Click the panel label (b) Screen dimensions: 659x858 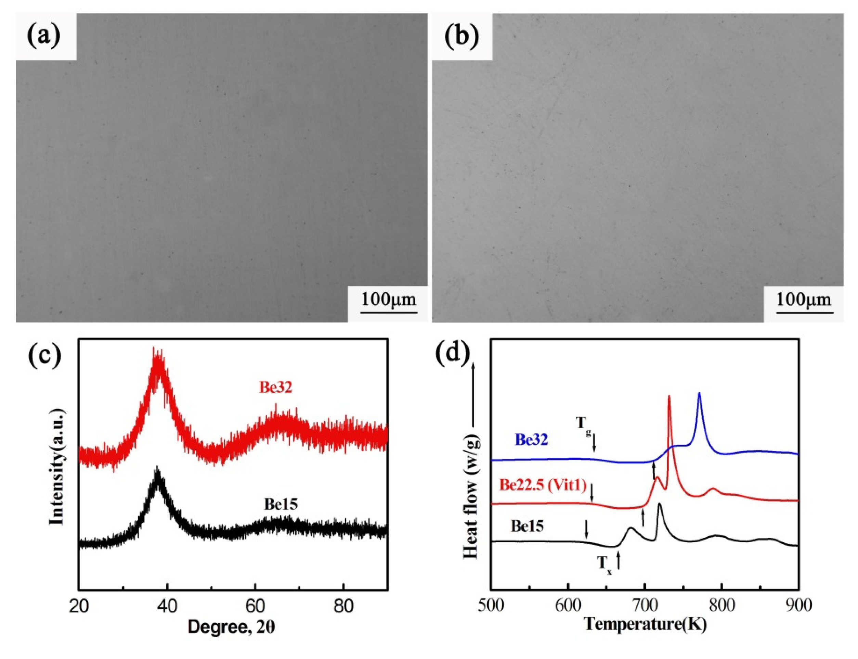point(462,37)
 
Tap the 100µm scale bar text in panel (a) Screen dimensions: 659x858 point(388,299)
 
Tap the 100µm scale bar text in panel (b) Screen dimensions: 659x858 point(804,300)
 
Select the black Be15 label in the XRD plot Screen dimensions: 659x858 point(281,504)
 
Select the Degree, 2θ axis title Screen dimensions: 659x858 point(231,626)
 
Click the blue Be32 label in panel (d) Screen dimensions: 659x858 point(531,440)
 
